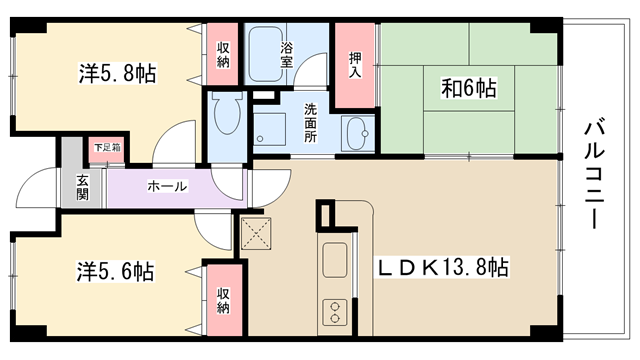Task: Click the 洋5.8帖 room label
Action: coord(117,74)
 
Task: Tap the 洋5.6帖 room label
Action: coord(116,271)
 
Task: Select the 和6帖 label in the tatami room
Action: coord(469,88)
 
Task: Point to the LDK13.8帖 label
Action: coord(442,268)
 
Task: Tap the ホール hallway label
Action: coord(167,187)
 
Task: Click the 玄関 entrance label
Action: coord(82,188)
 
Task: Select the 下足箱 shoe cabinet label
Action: coord(107,147)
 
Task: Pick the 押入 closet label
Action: coord(355,65)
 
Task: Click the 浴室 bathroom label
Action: coord(286,55)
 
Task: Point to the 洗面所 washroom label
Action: coord(311,123)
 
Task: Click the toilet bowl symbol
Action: coord(228,113)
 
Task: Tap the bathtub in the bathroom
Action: coord(266,54)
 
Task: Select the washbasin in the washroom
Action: coord(358,133)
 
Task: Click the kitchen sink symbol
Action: coord(335,260)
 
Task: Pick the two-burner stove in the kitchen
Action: coord(335,312)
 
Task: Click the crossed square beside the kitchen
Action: coord(256,233)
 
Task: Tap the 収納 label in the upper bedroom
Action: coord(223,55)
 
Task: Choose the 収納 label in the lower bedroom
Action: coord(223,301)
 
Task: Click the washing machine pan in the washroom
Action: coord(269,129)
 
